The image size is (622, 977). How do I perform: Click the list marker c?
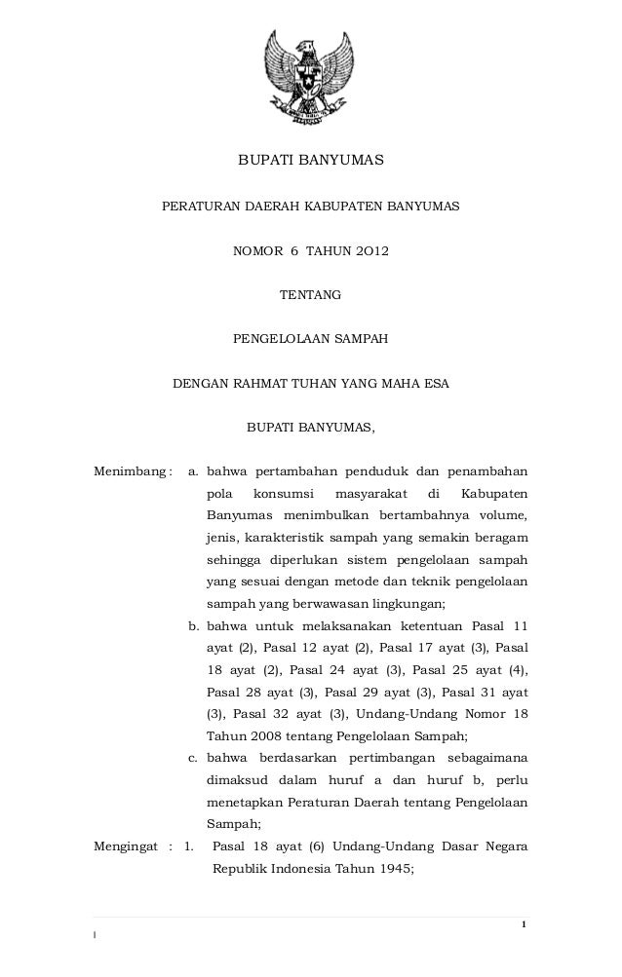(x=193, y=757)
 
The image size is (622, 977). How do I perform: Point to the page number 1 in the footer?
(x=525, y=922)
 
